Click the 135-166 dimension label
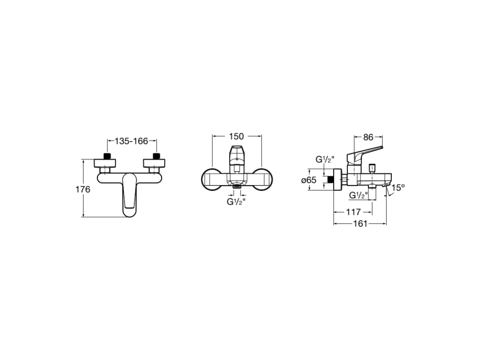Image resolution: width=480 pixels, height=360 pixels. (x=131, y=141)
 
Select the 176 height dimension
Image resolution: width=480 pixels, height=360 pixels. (x=83, y=189)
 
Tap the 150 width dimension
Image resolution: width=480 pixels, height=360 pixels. (x=237, y=136)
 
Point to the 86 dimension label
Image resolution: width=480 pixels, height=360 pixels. (x=368, y=137)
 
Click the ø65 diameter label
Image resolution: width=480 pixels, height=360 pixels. (x=308, y=180)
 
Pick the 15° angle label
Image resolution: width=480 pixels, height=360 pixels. (x=398, y=187)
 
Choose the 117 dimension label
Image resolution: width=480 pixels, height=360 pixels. (x=353, y=212)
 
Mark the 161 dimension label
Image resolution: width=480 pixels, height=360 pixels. (x=360, y=224)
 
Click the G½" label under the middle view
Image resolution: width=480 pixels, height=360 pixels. (x=236, y=202)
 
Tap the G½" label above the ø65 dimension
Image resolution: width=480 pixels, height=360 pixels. (x=325, y=160)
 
